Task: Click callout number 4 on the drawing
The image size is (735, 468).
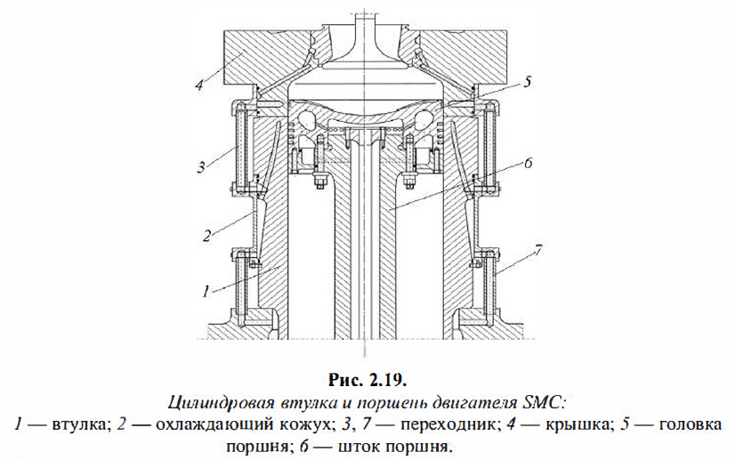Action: coord(199,85)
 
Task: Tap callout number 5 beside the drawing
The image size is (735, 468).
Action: coord(528,82)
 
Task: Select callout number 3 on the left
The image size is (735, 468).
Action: coord(202,165)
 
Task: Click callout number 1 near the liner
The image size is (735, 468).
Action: coord(206,289)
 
